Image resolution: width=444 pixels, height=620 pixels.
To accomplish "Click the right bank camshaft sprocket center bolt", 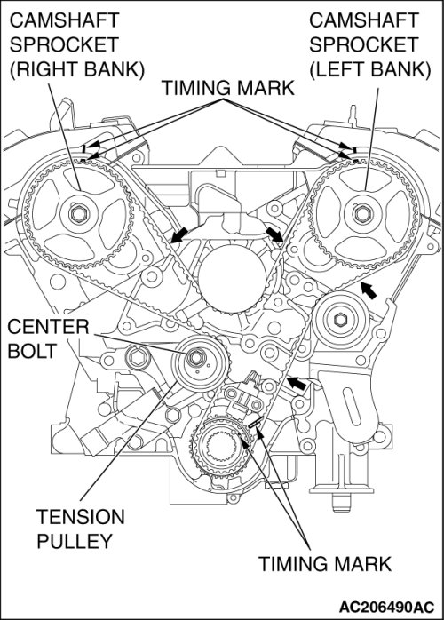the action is coord(76,214).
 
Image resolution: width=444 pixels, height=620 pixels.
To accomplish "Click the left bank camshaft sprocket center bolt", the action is coord(361,214).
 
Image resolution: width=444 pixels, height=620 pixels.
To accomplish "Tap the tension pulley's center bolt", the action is coord(194,357).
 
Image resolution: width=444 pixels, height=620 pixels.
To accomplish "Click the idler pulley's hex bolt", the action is coord(340,319).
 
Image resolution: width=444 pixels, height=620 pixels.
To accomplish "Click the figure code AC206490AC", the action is coord(386,607).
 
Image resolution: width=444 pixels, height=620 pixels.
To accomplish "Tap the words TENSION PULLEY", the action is coord(80,529).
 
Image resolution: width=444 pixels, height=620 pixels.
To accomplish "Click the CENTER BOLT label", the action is coord(48,338).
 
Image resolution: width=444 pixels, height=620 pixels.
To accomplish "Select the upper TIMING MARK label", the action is coord(228,88).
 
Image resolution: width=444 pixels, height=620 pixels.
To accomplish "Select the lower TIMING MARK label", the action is coord(325,563).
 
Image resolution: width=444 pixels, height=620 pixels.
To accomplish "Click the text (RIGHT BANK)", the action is coord(77,69).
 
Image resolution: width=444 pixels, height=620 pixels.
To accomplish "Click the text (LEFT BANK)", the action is coord(369,69).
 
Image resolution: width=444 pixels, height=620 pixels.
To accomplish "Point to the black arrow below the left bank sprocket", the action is coord(369,290).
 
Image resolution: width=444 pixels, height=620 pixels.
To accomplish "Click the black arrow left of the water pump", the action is coord(179,234).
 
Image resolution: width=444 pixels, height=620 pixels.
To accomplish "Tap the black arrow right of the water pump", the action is coord(274,234).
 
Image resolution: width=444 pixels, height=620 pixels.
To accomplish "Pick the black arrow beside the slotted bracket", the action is coord(297,383).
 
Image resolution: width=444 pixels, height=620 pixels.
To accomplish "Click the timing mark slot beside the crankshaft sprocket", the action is coord(256,422).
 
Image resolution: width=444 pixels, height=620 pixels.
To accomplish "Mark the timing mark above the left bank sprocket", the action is coord(354,150).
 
